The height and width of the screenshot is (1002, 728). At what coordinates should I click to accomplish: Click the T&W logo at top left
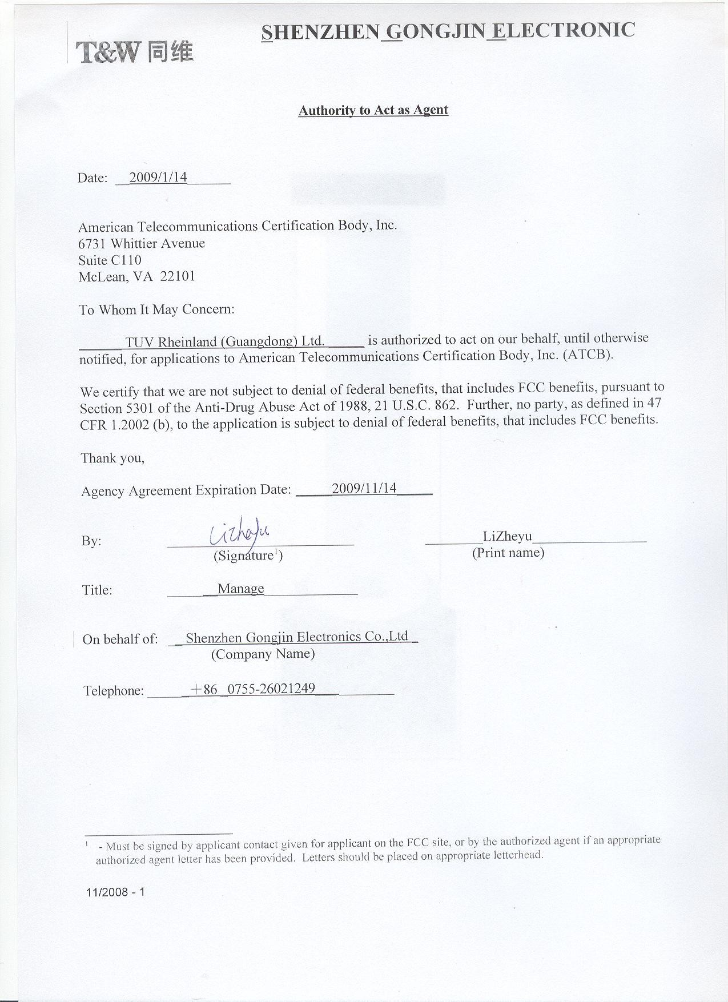(135, 52)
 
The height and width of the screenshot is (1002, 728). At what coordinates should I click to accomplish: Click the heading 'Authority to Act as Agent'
(373, 110)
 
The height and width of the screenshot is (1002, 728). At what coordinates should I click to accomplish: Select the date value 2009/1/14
(158, 178)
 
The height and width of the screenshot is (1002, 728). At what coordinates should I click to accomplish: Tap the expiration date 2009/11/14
(364, 488)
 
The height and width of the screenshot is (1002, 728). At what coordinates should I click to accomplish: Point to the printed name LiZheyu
(507, 536)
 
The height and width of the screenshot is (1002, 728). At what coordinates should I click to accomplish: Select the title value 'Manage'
(240, 588)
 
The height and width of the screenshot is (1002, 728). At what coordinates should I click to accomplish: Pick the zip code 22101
(178, 276)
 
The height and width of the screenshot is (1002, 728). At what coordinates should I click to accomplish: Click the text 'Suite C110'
(110, 260)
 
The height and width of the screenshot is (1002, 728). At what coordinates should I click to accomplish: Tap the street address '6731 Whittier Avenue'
(142, 244)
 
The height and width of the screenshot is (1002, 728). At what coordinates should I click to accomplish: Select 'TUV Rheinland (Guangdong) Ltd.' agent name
(225, 341)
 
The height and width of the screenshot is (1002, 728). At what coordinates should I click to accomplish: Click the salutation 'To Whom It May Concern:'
(156, 310)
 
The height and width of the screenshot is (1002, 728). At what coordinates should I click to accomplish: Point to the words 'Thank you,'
(112, 458)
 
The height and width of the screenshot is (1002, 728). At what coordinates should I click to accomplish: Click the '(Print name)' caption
(508, 553)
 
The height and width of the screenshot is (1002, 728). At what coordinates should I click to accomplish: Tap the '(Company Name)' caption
(263, 654)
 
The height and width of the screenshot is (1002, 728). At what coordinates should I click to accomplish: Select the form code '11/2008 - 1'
(115, 891)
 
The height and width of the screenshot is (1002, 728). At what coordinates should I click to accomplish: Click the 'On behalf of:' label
(120, 639)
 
